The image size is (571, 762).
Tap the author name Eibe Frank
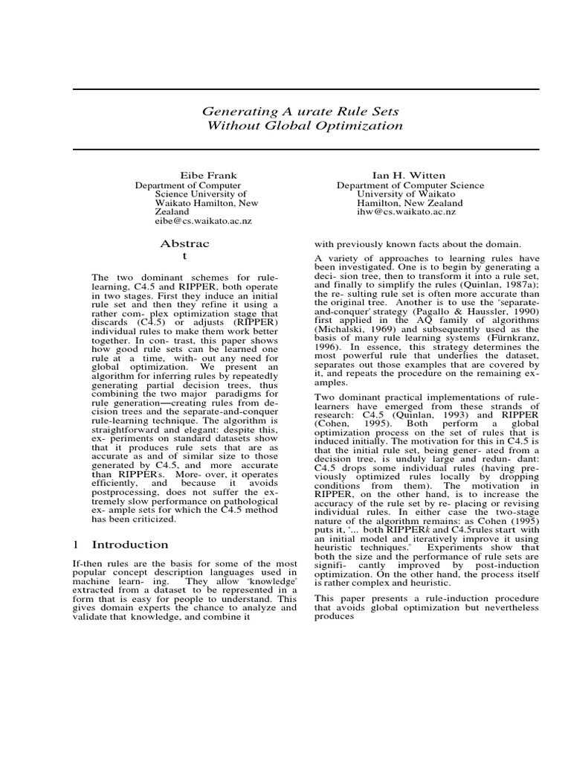(x=207, y=176)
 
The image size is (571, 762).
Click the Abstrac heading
(x=185, y=243)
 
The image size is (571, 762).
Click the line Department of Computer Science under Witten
(x=410, y=185)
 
